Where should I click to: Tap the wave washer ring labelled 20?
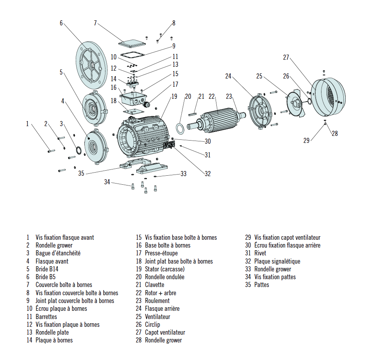click(181, 128)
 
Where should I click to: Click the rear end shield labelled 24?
click(261, 110)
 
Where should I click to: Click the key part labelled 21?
click(193, 114)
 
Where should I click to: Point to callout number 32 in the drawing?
click(207, 174)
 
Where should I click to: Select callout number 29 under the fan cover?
click(306, 140)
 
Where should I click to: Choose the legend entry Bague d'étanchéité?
click(58, 253)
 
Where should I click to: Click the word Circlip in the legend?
click(152, 324)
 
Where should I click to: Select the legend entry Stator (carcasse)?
click(164, 269)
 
